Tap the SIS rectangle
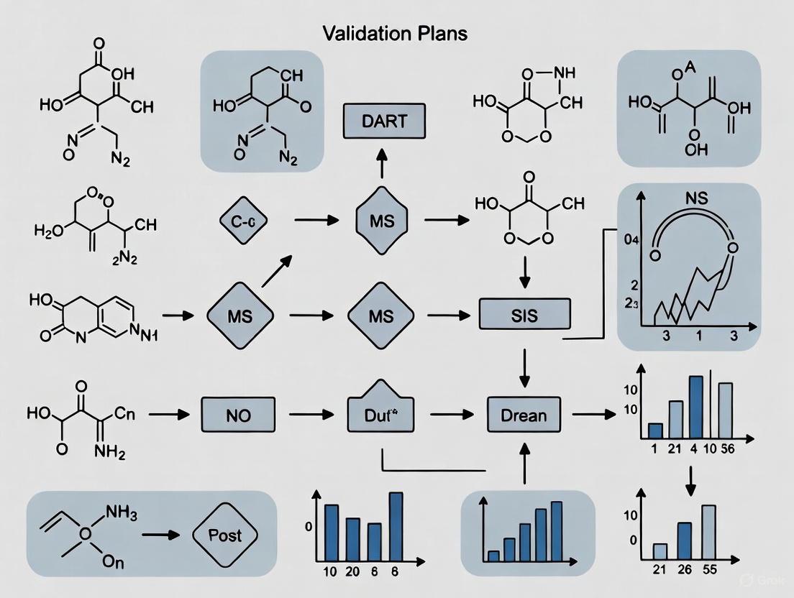coord(524,316)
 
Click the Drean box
coord(524,414)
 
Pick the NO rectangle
coord(239,415)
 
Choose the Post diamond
coord(225,535)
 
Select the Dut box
coord(383,414)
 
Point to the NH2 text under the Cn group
coord(109,454)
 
